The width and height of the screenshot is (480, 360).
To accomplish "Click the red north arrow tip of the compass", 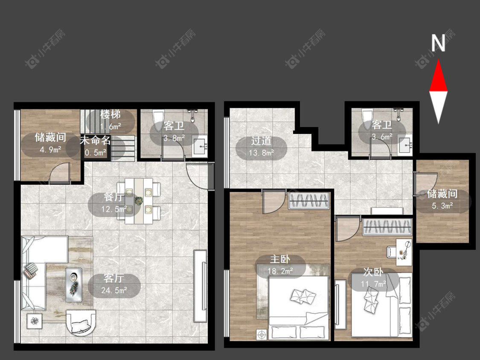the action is click(438, 60).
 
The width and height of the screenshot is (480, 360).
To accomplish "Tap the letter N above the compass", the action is click(438, 43).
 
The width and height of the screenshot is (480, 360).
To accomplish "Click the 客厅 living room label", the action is click(113, 278).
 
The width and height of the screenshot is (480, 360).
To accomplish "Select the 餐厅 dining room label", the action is click(113, 197).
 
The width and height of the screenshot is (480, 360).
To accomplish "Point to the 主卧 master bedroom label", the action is click(280, 259).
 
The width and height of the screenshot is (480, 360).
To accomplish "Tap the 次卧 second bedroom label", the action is click(373, 272).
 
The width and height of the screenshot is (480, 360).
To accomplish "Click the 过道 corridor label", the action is click(262, 140).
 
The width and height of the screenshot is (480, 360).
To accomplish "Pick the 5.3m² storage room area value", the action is click(442, 206).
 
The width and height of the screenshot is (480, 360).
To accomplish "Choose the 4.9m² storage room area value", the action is click(50, 149).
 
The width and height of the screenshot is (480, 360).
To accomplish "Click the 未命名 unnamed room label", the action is click(95, 140).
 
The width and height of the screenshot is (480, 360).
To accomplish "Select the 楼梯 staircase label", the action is click(111, 114).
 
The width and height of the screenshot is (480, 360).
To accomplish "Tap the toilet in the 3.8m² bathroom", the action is click(158, 121).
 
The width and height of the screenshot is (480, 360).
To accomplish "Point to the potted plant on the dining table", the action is click(139, 201).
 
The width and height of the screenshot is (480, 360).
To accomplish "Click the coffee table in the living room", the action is click(74, 285).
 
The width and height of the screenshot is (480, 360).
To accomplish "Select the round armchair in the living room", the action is click(81, 323).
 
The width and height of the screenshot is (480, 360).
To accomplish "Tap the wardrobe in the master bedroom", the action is click(309, 201).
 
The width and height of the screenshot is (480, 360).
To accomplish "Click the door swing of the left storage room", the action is click(60, 173).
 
